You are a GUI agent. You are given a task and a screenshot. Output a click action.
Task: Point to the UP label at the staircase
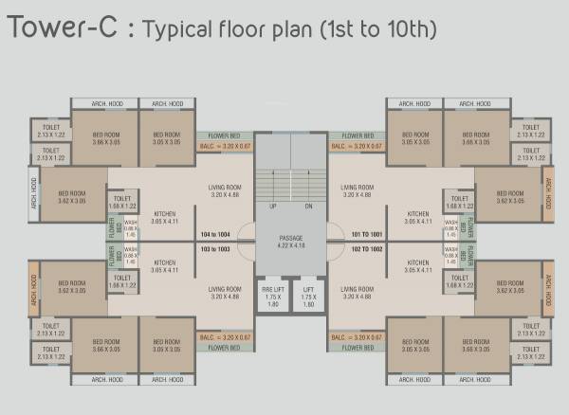pyautogui.click(x=273, y=206)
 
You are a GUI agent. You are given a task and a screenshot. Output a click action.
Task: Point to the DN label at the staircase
pyautogui.click(x=308, y=206)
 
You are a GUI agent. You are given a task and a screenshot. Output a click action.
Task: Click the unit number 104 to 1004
pyautogui.click(x=209, y=233)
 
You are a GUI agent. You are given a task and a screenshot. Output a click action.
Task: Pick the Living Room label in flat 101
pyautogui.click(x=357, y=190)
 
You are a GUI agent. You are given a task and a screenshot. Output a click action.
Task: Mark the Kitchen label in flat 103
pyautogui.click(x=164, y=265)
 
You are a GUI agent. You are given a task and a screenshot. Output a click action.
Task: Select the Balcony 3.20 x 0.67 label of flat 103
pyautogui.click(x=225, y=336)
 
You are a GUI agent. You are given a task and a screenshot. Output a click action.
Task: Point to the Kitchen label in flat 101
pyautogui.click(x=416, y=217)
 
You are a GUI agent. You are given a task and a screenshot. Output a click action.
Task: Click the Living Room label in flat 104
pyautogui.click(x=225, y=190)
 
